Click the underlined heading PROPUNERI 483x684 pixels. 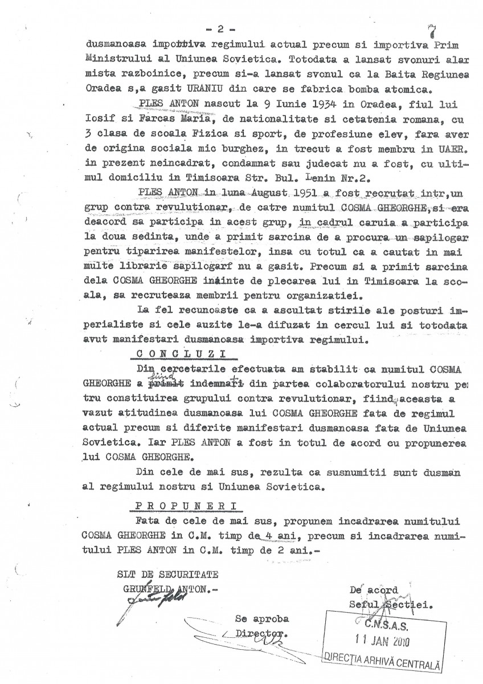coord(183,505)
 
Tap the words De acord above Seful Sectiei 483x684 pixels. coord(374,591)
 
